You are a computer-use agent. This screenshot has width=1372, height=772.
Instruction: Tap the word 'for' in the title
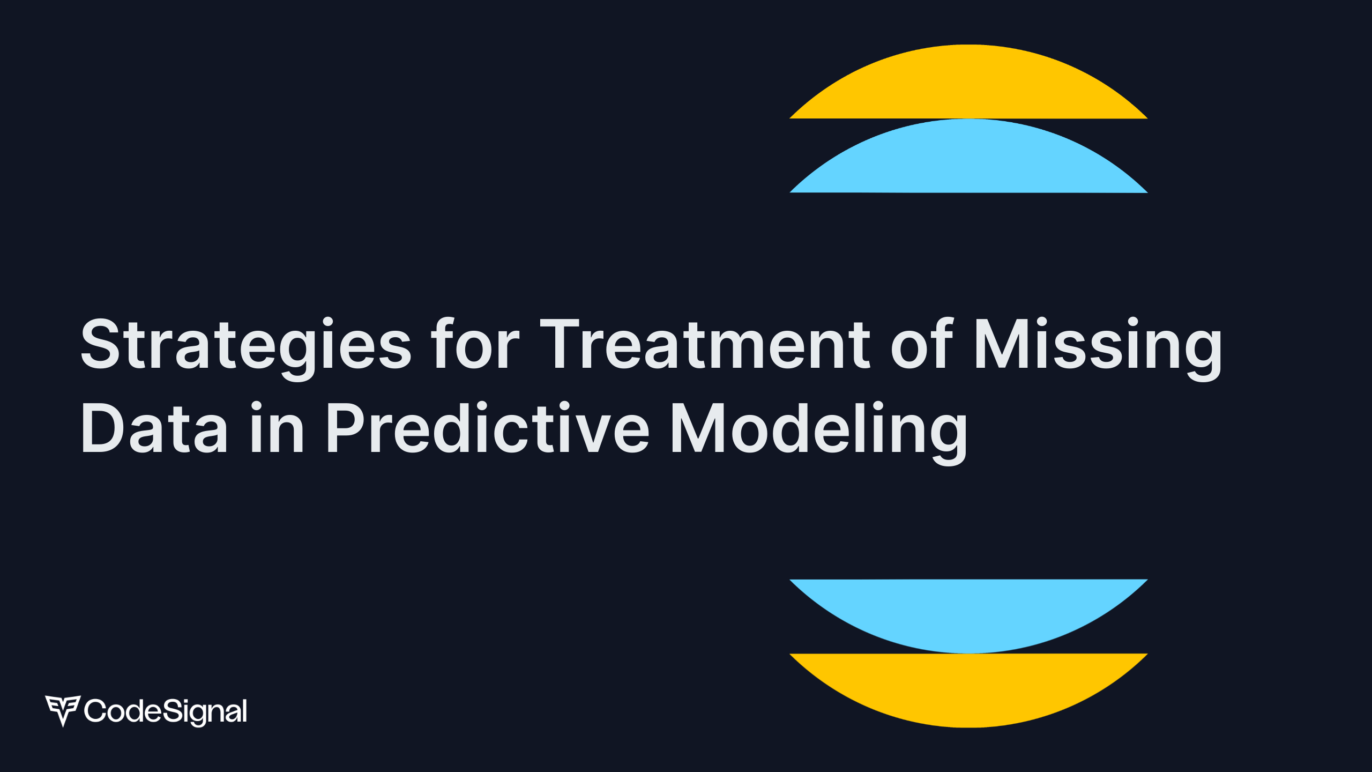(475, 343)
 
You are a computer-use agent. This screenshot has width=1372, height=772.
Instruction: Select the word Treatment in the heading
(705, 344)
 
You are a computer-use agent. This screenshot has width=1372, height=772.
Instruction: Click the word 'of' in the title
(922, 343)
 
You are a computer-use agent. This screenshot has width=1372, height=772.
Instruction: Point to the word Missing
(1098, 348)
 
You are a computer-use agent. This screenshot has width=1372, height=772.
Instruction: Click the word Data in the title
(154, 428)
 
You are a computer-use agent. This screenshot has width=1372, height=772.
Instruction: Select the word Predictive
(488, 427)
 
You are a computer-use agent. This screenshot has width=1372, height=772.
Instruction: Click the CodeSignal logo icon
(63, 710)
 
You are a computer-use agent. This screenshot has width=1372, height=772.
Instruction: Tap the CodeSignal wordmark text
(166, 711)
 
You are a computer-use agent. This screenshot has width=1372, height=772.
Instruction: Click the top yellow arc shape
(968, 81)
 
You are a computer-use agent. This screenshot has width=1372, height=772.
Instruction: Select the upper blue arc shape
(968, 156)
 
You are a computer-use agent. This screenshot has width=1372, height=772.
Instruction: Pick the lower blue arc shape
(968, 616)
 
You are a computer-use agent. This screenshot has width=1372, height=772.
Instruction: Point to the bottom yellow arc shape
(968, 691)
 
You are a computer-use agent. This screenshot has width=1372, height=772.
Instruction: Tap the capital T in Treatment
(561, 344)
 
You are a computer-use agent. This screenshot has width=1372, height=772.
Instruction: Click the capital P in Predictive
(347, 428)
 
